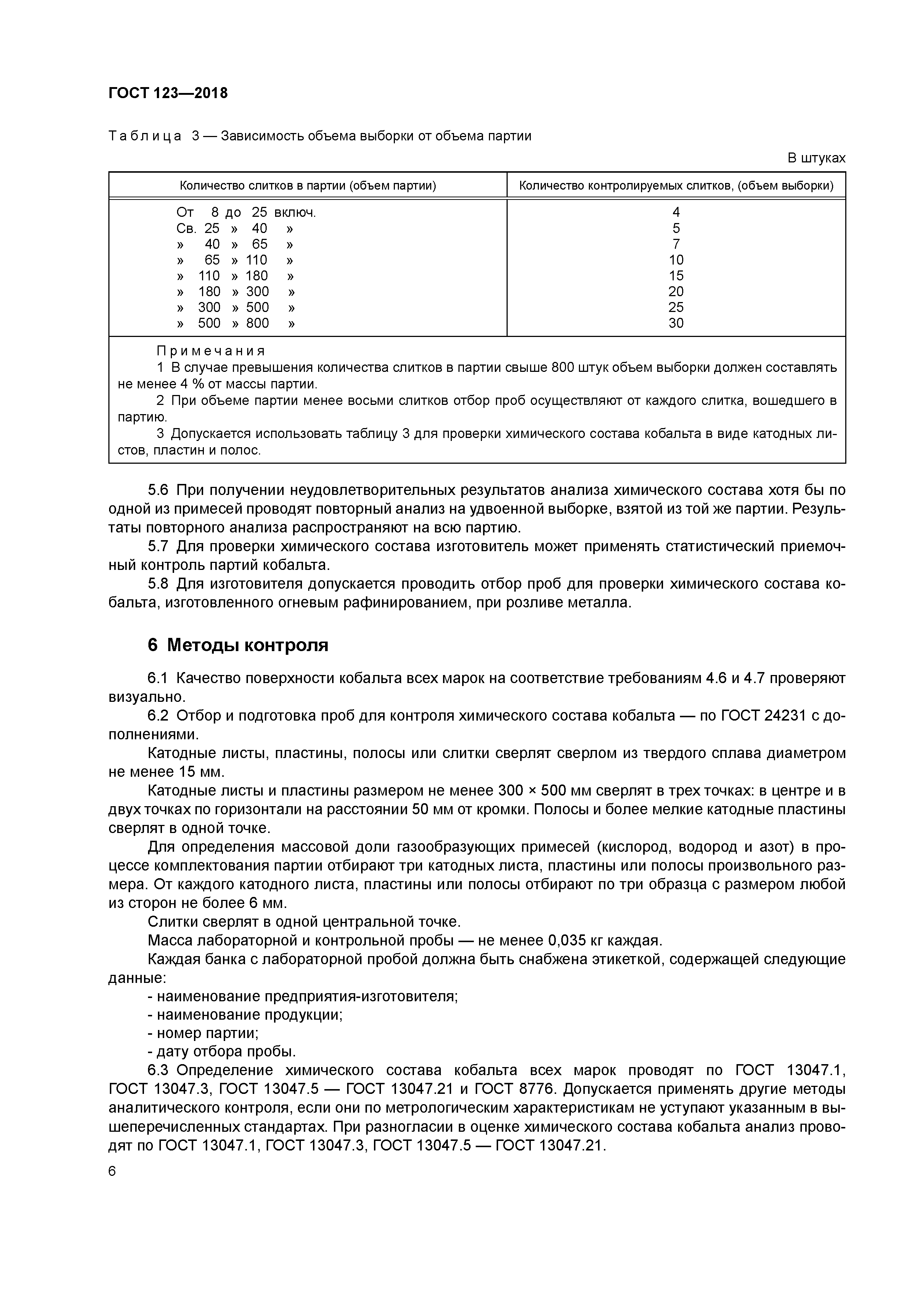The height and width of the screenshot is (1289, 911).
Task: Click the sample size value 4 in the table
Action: pyautogui.click(x=676, y=212)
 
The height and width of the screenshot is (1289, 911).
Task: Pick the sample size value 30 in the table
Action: pyautogui.click(x=676, y=323)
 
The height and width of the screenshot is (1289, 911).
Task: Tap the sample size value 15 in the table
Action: pyautogui.click(x=676, y=276)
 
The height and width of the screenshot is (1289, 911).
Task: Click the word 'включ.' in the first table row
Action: pyautogui.click(x=295, y=212)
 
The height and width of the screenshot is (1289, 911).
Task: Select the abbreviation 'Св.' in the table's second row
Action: pyautogui.click(x=186, y=229)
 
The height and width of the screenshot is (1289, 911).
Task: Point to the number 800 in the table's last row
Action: pyautogui.click(x=258, y=323)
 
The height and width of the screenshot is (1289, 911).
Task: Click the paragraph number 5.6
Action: pyautogui.click(x=158, y=490)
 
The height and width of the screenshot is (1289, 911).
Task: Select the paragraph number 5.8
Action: pyautogui.click(x=158, y=584)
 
